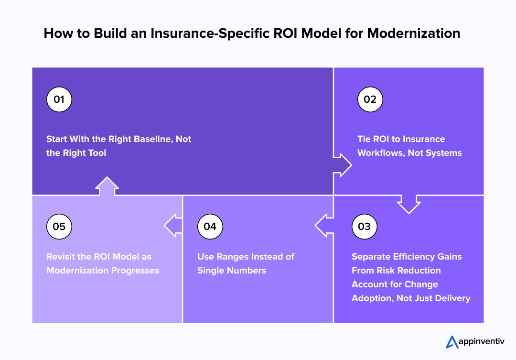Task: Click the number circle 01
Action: click(59, 99)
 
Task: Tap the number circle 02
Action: click(370, 99)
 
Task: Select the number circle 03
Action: click(364, 226)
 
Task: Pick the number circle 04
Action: click(210, 226)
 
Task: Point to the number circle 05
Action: click(59, 226)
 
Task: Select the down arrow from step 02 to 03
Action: click(408, 204)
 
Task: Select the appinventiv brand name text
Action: click(482, 342)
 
